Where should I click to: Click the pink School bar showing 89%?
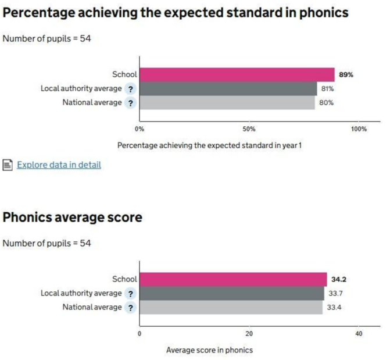(237, 74)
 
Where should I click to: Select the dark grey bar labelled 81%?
(228, 89)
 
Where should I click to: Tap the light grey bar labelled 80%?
(227, 103)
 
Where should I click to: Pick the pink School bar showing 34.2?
(233, 279)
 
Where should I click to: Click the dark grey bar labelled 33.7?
(231, 293)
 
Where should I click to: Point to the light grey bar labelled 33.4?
(231, 307)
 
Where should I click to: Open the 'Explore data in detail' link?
(59, 165)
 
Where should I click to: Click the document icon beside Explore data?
(8, 165)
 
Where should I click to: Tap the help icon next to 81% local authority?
(131, 89)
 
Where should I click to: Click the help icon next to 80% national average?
(131, 103)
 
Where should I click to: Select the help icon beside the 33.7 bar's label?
(131, 294)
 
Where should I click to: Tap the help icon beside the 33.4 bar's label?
(131, 308)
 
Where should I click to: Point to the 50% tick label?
(249, 129)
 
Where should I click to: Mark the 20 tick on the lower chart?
(249, 333)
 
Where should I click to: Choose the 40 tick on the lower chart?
(359, 333)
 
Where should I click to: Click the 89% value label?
(346, 75)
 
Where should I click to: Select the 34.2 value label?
(339, 280)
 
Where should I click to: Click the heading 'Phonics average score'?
(73, 218)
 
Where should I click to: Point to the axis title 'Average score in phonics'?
(209, 350)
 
